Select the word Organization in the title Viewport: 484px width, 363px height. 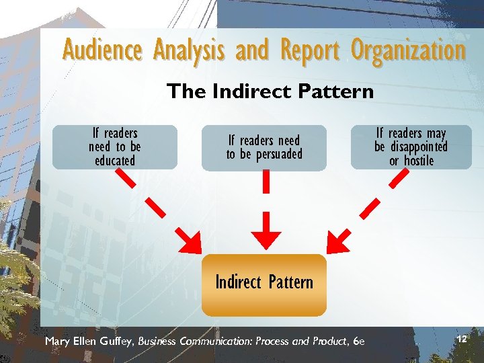click(408, 50)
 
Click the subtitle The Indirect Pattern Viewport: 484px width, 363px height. click(270, 91)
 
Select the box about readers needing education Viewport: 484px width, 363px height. click(115, 147)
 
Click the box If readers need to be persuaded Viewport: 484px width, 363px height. click(264, 147)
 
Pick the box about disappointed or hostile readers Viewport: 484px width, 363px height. click(411, 147)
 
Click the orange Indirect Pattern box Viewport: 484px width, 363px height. click(264, 284)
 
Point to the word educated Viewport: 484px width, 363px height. click(115, 161)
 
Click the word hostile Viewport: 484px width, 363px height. click(419, 161)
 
